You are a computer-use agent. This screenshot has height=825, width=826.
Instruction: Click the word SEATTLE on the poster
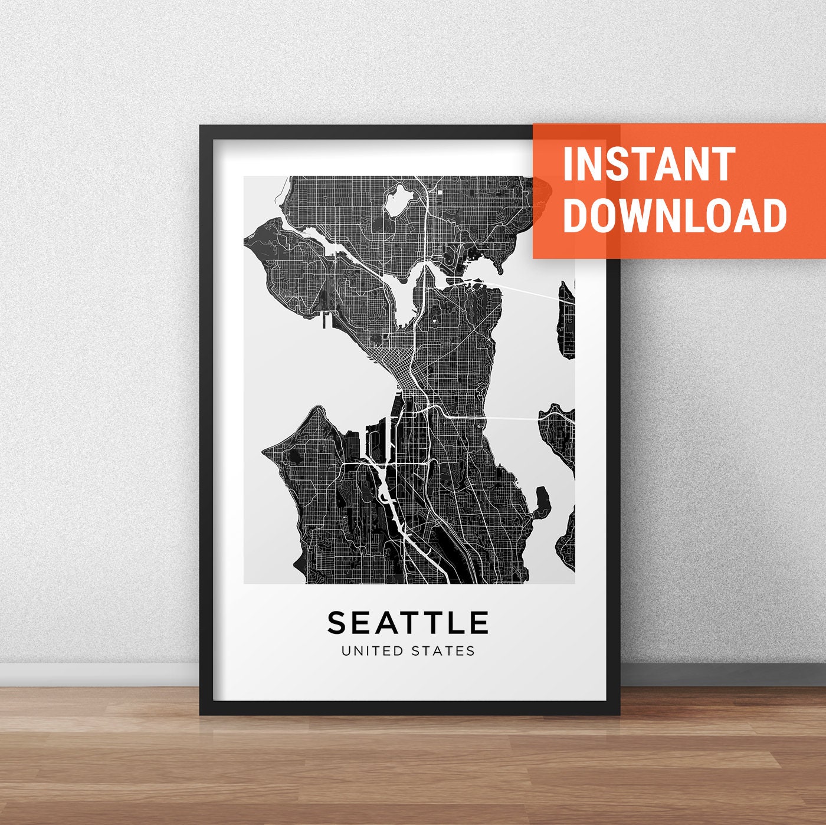[x=408, y=622]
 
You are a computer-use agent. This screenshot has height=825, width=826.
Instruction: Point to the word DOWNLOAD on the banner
[x=674, y=215]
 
